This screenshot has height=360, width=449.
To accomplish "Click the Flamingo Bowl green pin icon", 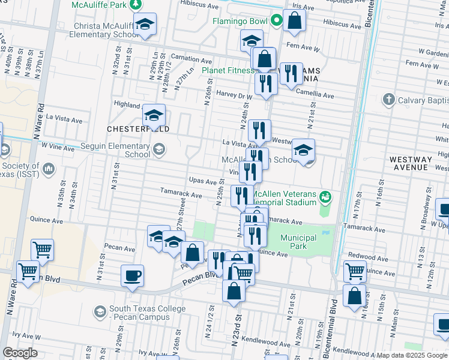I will click(x=277, y=21).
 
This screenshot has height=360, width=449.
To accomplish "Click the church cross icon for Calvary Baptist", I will click(x=388, y=100).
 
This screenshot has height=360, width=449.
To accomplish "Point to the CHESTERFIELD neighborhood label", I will click(x=137, y=129).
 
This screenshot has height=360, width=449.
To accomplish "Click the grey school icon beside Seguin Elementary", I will click(x=159, y=149).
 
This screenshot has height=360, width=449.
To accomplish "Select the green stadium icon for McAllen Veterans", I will click(x=326, y=196).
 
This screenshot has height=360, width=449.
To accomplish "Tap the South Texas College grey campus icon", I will click(x=100, y=311).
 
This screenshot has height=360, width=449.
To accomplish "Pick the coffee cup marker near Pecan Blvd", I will click(x=132, y=275).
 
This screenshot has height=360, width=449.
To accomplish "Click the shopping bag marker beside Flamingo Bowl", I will click(x=295, y=21).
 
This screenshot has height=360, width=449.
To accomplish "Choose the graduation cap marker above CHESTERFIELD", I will click(x=154, y=115).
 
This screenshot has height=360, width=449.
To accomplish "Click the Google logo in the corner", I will click(x=19, y=352).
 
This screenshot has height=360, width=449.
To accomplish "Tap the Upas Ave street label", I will click(x=202, y=181).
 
